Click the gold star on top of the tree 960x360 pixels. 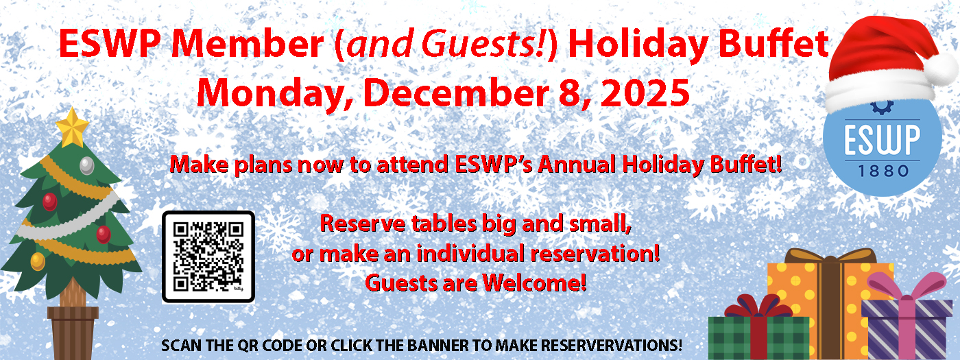click(72, 128)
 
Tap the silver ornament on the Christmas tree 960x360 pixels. click(87, 165)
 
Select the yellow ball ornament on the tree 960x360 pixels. click(38, 261)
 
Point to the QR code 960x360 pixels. click(208, 257)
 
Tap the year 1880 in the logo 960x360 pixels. click(883, 171)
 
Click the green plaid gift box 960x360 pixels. click(758, 338)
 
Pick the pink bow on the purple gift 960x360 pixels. click(907, 287)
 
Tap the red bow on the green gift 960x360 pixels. click(758, 307)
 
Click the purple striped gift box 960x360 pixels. click(907, 329)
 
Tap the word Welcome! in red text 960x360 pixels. click(534, 283)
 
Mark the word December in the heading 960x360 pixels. click(456, 93)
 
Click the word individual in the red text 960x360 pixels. click(472, 253)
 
